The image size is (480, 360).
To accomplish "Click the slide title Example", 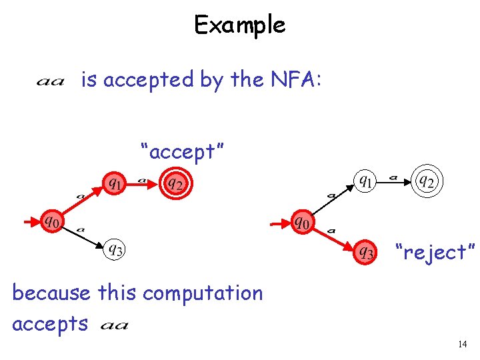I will [x=239, y=25].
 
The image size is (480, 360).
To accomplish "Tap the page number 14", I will [x=463, y=345].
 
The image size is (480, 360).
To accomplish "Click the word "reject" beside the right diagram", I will [x=435, y=253].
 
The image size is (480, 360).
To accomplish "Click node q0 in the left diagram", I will [x=51, y=220].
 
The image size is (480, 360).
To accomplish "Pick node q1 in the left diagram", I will [x=114, y=182].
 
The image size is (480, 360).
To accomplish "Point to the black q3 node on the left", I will [x=115, y=251].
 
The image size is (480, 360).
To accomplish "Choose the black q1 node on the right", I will [x=365, y=180].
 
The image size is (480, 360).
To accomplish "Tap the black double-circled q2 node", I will [x=427, y=181].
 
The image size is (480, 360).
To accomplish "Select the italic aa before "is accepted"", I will [x=50, y=82].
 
